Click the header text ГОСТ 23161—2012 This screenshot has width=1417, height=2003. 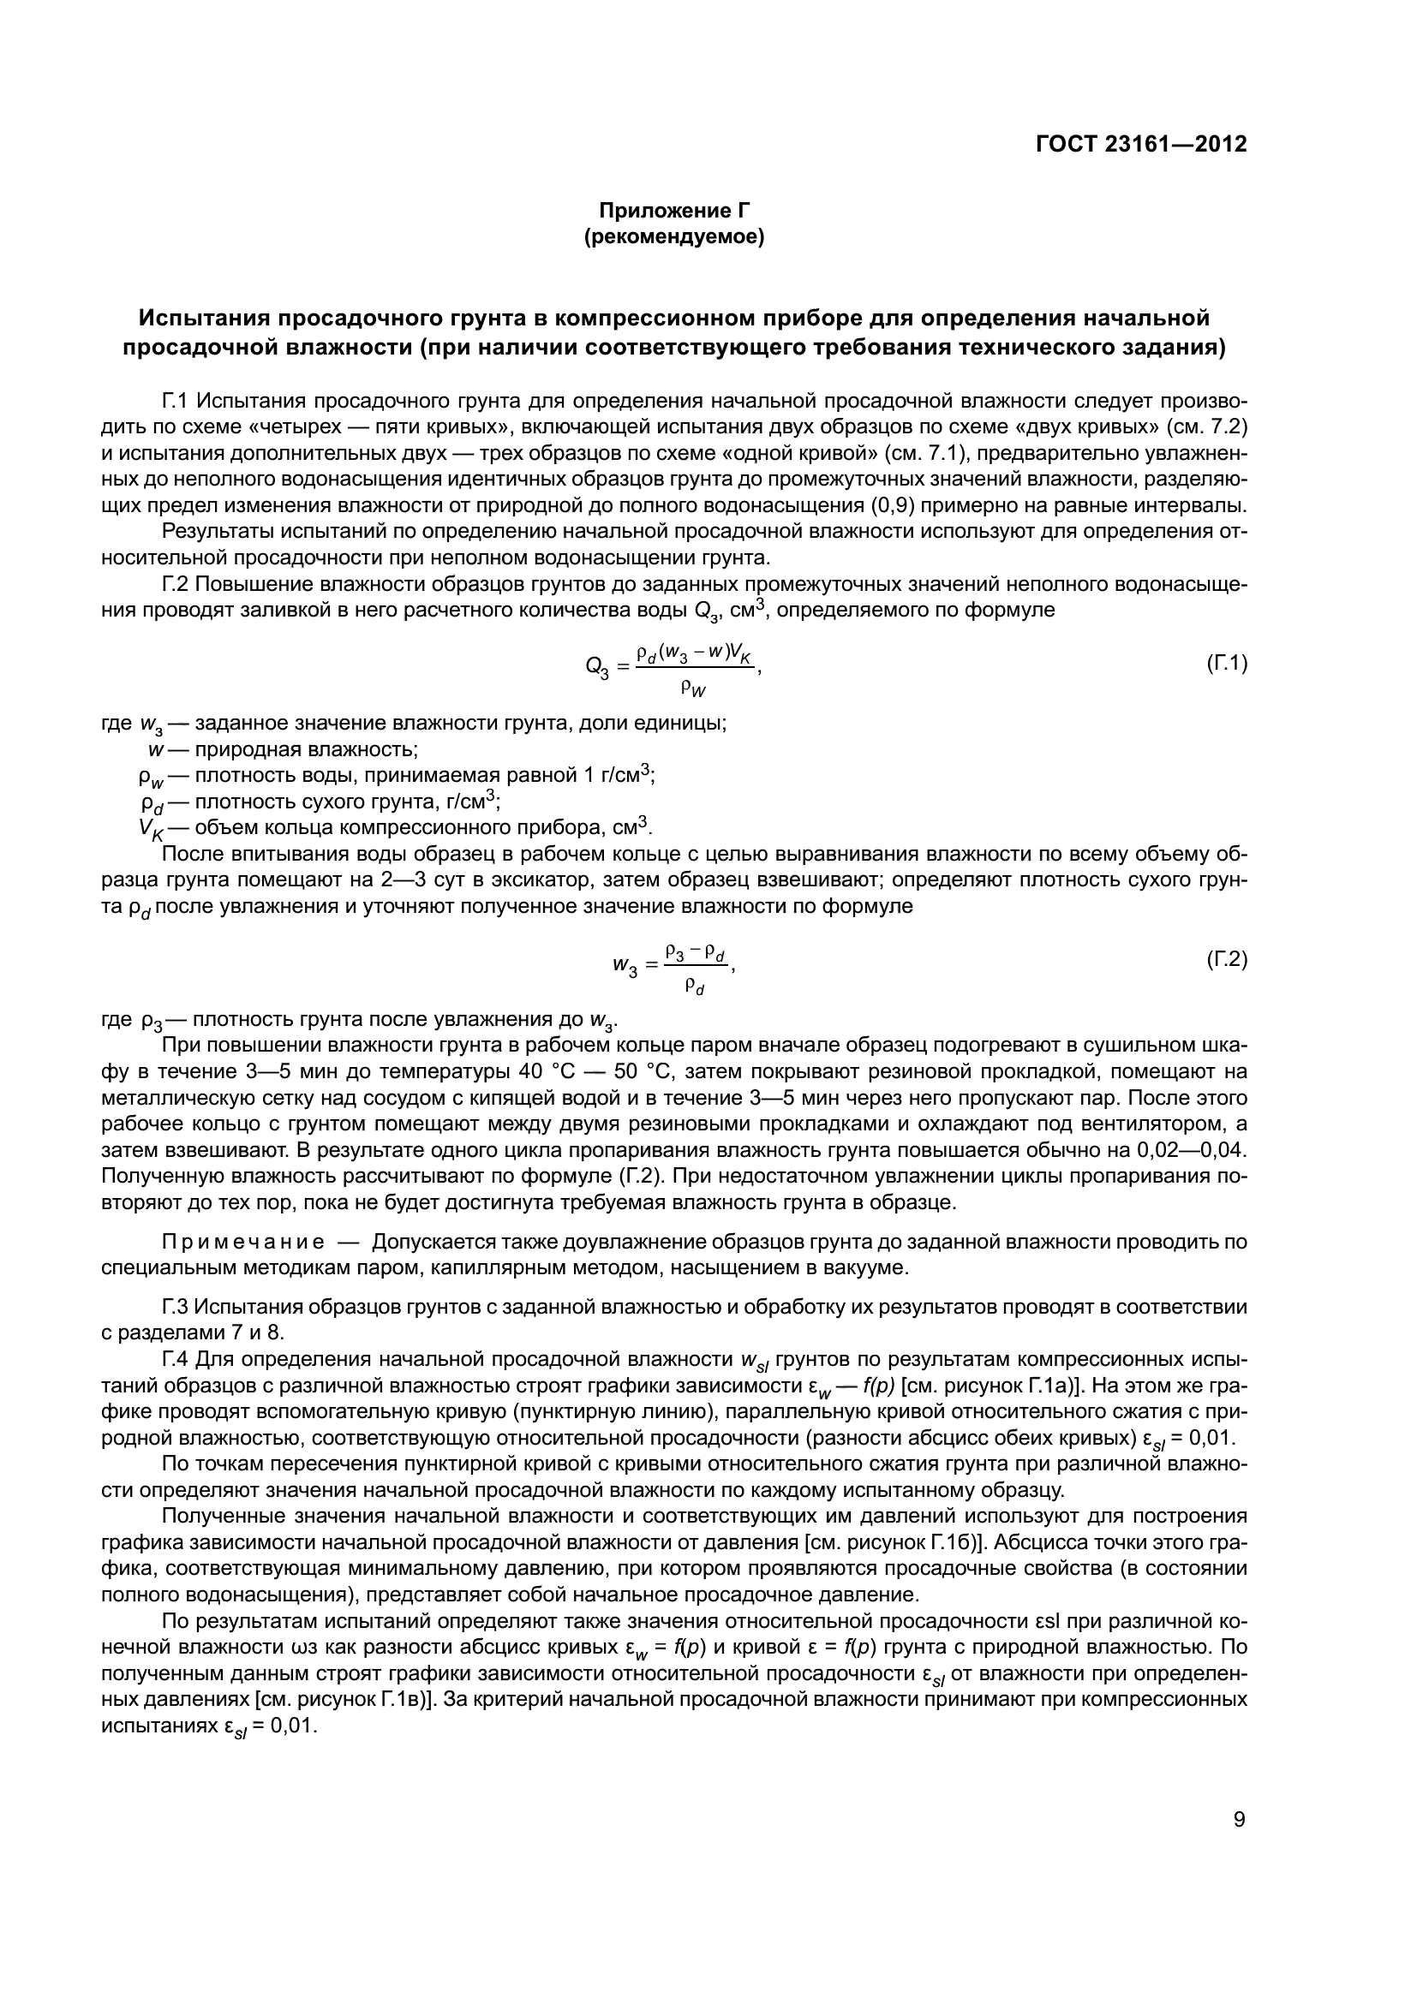point(1141,144)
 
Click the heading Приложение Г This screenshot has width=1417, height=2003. point(673,211)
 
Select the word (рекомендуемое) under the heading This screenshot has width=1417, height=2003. point(673,237)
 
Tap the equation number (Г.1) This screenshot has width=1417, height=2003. point(1227,664)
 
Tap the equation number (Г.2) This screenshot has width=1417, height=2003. point(1227,960)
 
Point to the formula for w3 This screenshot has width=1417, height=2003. point(673,966)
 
